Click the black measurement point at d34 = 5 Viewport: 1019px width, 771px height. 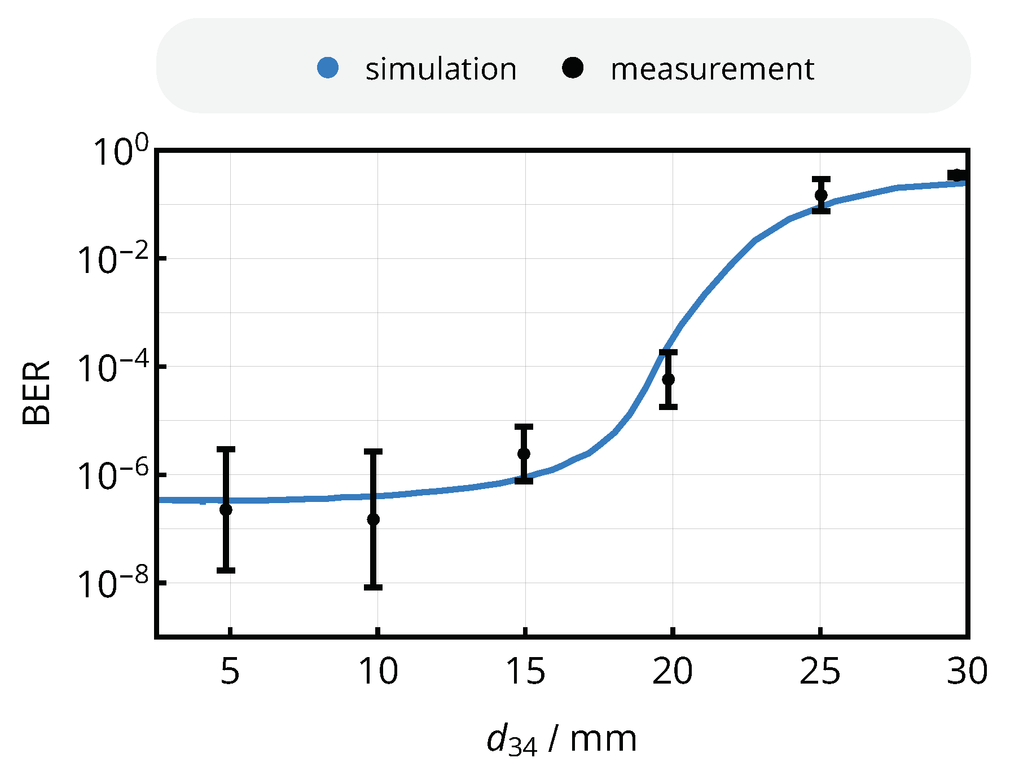pyautogui.click(x=226, y=509)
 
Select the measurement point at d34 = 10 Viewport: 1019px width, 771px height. pyautogui.click(x=373, y=519)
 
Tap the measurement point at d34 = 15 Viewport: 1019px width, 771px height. pyautogui.click(x=524, y=453)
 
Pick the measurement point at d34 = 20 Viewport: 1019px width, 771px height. pyautogui.click(x=668, y=379)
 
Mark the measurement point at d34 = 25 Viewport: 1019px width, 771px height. pyautogui.click(x=821, y=195)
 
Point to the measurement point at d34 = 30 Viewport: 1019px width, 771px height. pyautogui.click(x=956, y=175)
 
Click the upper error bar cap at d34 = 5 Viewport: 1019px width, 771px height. pyautogui.click(x=226, y=450)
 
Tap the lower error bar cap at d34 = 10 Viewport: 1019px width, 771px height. pyautogui.click(x=373, y=587)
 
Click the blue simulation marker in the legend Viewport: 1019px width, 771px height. pyautogui.click(x=328, y=68)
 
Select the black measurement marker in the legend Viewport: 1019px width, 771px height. pyautogui.click(x=573, y=68)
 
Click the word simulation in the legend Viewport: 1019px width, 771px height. pyautogui.click(x=441, y=69)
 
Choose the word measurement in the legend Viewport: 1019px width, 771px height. pyautogui.click(x=712, y=69)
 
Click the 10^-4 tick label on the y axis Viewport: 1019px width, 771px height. pyautogui.click(x=113, y=368)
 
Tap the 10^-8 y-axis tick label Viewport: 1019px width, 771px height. pyautogui.click(x=113, y=584)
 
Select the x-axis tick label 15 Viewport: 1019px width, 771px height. pyautogui.click(x=525, y=672)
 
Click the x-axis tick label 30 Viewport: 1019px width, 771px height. pyautogui.click(x=967, y=672)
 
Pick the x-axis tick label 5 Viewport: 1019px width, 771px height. pyautogui.click(x=230, y=672)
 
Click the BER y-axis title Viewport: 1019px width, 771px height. pyautogui.click(x=36, y=393)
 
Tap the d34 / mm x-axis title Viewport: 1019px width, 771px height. pyautogui.click(x=561, y=739)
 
